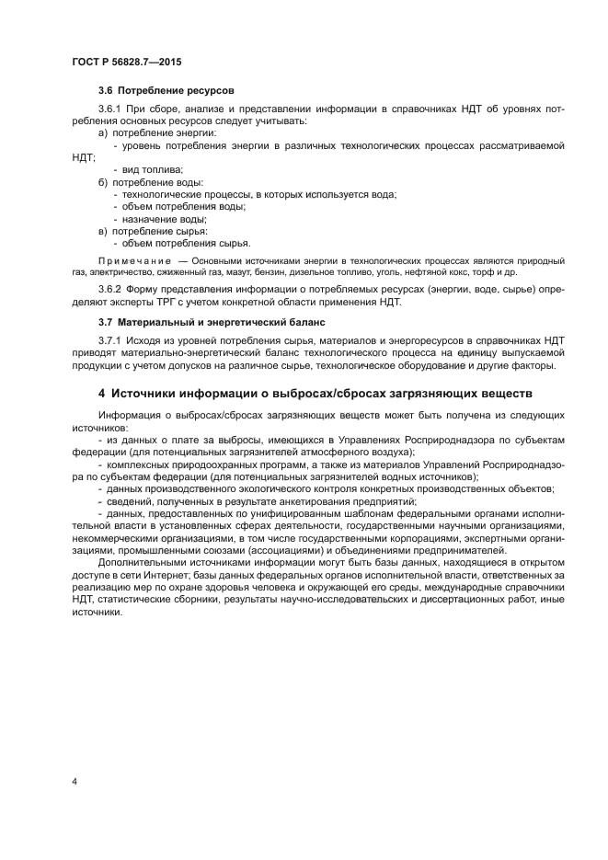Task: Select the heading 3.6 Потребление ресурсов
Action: (166, 91)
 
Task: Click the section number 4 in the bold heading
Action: (102, 394)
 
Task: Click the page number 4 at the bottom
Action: (75, 781)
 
